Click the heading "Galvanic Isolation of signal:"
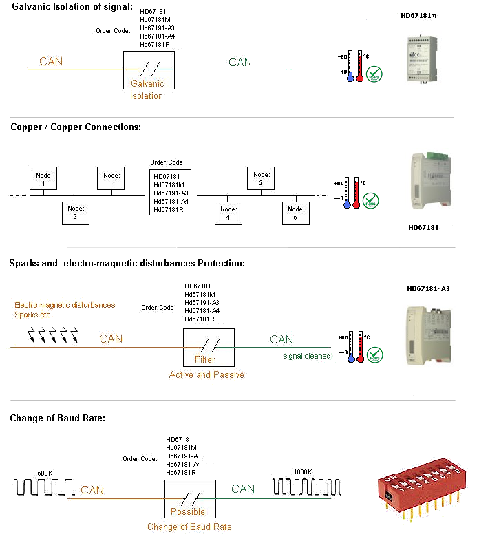[72, 7]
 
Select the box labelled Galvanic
[148, 70]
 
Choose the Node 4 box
[228, 212]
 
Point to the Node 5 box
[296, 213]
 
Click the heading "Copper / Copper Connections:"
[76, 127]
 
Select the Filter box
[209, 347]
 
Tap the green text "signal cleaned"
[307, 356]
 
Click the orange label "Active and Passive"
[206, 375]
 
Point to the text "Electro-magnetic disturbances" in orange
[65, 305]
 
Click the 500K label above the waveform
[45, 473]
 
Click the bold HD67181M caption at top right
[419, 15]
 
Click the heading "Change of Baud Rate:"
[57, 418]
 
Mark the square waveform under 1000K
[307, 487]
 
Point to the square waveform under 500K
[44, 488]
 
